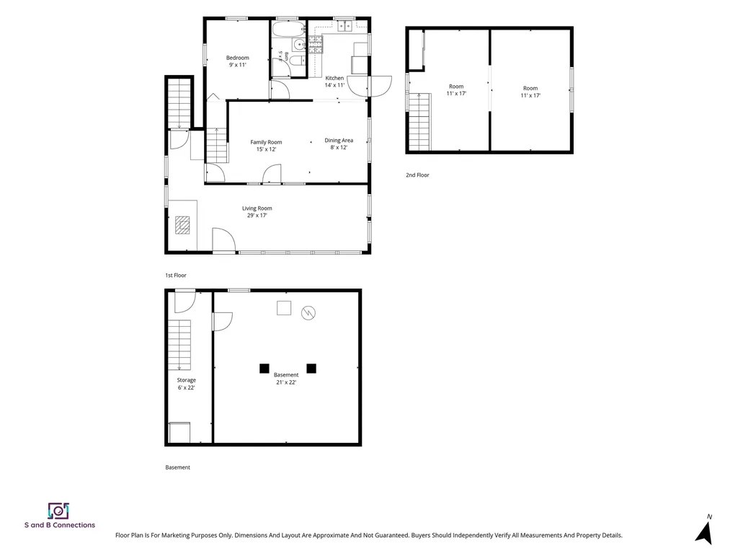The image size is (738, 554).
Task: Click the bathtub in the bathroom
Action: tap(289, 28)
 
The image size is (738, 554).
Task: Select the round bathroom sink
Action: tap(299, 45)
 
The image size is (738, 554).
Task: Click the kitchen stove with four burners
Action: tap(316, 44)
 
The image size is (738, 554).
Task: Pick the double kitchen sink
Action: tap(345, 27)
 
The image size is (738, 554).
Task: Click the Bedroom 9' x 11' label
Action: tap(238, 61)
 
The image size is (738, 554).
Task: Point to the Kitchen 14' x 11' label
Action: tap(334, 82)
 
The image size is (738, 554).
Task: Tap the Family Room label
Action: tap(266, 142)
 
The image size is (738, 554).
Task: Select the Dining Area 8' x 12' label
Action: tap(339, 144)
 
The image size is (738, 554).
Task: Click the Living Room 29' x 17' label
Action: tap(257, 211)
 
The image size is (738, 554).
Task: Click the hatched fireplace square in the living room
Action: tap(182, 225)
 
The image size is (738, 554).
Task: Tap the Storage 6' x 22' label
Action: tap(187, 384)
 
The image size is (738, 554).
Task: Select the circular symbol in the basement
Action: tap(308, 313)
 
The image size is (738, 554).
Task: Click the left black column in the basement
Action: tap(264, 369)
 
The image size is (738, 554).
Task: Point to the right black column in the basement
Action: tap(311, 369)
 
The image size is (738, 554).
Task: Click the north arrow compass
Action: tap(705, 532)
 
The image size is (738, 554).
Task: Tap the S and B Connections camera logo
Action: tap(58, 511)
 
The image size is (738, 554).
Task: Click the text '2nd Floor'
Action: tap(417, 175)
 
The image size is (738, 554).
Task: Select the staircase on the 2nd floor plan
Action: tap(419, 121)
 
